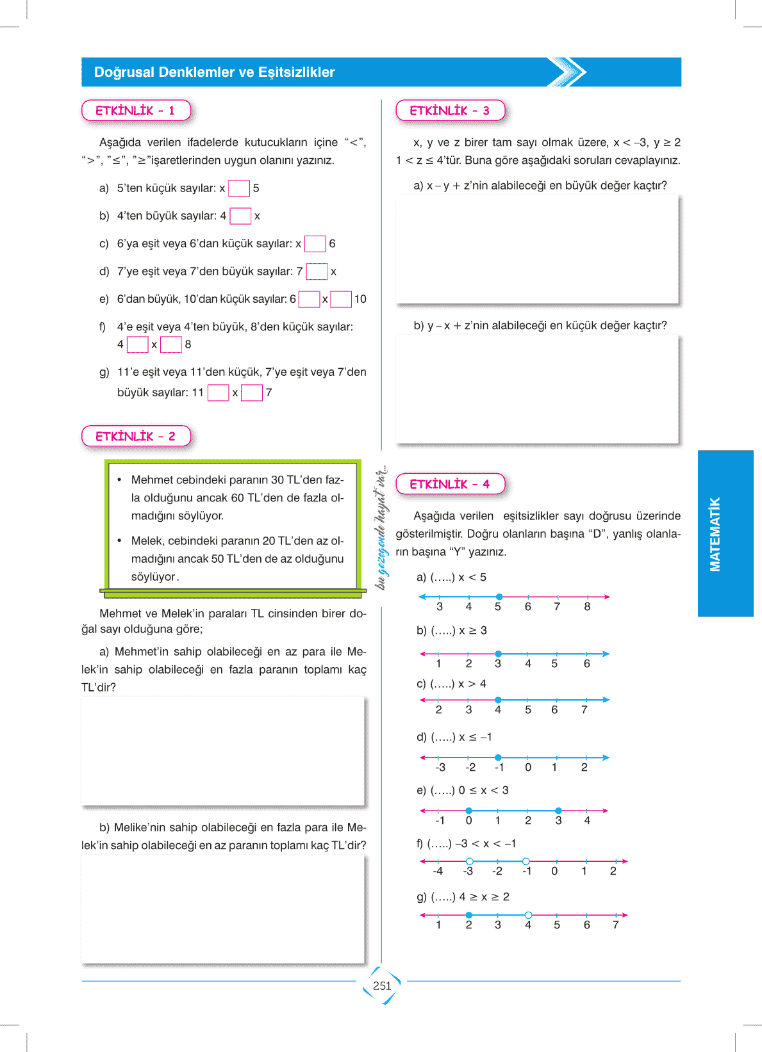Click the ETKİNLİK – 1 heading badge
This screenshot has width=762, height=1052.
(136, 111)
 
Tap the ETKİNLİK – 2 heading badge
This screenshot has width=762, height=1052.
(136, 437)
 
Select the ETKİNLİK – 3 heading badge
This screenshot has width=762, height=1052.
(450, 111)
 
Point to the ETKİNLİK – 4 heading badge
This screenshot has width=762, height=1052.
(450, 484)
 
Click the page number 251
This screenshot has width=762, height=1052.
(382, 986)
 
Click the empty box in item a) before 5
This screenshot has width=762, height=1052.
(239, 188)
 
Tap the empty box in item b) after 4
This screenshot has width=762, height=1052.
(240, 216)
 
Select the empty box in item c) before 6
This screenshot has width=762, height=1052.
(315, 244)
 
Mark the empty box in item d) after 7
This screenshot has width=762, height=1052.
(317, 271)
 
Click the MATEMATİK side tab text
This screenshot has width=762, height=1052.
(715, 534)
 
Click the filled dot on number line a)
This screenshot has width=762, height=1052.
(499, 597)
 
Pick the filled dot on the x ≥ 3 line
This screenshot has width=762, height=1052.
(498, 654)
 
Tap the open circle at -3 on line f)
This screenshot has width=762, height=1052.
(470, 861)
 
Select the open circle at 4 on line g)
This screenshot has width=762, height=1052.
(528, 915)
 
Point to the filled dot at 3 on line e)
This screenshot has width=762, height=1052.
(558, 811)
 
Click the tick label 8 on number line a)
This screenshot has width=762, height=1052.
(587, 607)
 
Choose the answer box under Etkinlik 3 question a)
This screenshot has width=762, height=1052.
(537, 249)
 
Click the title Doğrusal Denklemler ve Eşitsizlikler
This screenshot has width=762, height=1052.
(214, 72)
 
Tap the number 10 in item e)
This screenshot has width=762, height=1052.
(360, 299)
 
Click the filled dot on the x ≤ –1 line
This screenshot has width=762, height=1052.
(498, 757)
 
